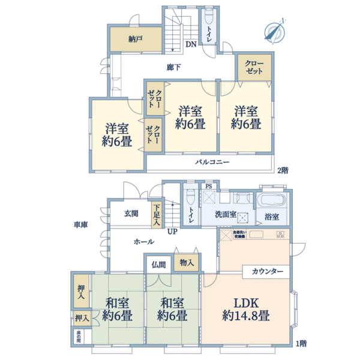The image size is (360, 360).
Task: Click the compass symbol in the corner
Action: point(274,31)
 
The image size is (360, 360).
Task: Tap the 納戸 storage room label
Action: point(134,39)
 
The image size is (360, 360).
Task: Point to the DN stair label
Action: point(190,44)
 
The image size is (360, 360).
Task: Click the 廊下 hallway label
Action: point(174,67)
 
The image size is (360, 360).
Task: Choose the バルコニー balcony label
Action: point(211,163)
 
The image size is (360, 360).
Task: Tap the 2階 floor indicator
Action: point(282,170)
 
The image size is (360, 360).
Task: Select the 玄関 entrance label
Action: point(131,213)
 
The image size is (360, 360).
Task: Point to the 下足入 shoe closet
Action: point(156,215)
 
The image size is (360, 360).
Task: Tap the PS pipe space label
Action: point(208,186)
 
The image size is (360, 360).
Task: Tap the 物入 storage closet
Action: point(186,263)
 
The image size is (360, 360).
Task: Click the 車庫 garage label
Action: point(81,224)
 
